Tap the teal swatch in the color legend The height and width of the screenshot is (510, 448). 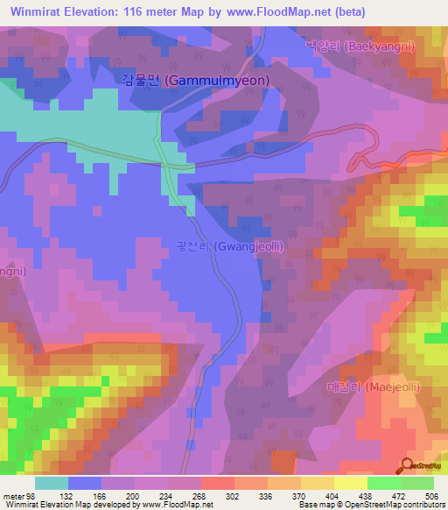(52, 482)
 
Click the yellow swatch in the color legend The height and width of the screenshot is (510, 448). (350, 482)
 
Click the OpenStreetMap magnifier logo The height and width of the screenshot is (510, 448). (408, 464)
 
